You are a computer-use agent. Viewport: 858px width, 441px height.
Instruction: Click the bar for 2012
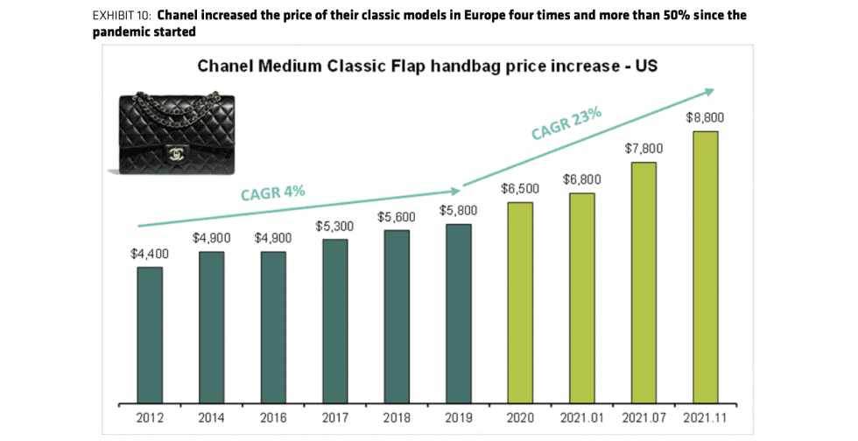[150, 336]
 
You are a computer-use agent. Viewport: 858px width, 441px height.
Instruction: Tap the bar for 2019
[459, 315]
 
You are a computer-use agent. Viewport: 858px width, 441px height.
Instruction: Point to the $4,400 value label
[150, 254]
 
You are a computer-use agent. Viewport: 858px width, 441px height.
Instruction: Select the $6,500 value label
[520, 188]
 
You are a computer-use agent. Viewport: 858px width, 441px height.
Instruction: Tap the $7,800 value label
[643, 149]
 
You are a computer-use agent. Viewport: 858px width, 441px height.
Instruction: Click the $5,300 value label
[335, 226]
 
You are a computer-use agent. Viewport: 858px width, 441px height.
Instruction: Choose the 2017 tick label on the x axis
[335, 419]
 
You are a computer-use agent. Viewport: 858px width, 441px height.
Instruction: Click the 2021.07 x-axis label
[643, 419]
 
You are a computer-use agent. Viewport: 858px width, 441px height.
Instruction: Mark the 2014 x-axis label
[211, 419]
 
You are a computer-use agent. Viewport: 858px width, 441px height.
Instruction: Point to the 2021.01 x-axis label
[582, 419]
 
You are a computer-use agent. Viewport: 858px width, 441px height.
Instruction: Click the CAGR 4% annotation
[273, 192]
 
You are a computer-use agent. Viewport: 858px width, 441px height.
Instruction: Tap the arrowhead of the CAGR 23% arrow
[708, 90]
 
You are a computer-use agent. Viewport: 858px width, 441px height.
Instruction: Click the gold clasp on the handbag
[176, 155]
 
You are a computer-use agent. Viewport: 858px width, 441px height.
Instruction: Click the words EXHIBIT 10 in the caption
[132, 17]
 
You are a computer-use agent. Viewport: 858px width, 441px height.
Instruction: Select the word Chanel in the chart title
[227, 66]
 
